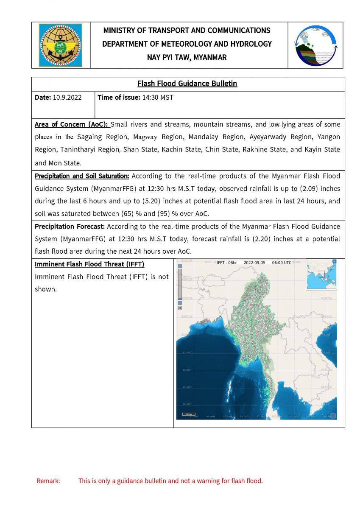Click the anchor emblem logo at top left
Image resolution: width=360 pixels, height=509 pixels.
(61, 45)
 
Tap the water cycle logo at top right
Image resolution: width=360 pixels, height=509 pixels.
(316, 45)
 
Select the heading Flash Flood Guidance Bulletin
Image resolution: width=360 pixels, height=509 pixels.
(187, 84)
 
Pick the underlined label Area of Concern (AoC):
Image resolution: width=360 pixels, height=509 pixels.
(72, 125)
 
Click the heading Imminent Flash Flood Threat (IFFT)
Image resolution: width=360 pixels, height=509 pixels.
(89, 264)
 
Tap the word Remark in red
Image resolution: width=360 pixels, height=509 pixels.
(48, 481)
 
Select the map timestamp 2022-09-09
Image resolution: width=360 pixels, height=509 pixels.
(254, 263)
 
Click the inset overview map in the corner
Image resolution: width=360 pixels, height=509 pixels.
(321, 274)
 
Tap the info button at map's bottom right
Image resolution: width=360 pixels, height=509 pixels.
(333, 416)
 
